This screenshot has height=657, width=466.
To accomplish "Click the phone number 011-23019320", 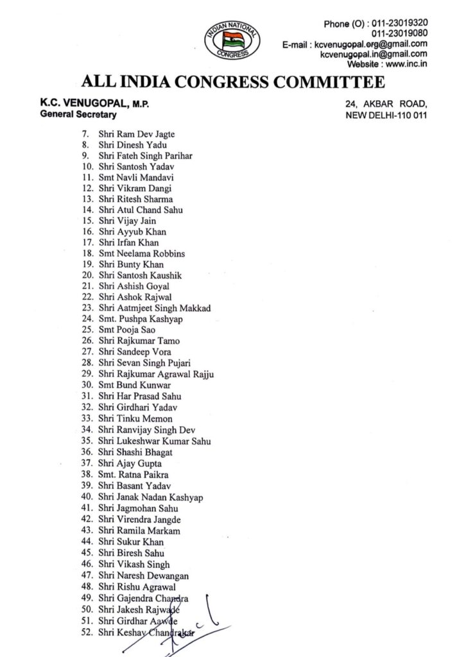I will pyautogui.click(x=400, y=24).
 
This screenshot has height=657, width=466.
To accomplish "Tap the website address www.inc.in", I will pyautogui.click(x=407, y=64).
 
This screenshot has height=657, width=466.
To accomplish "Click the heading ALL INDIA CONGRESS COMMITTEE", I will pyautogui.click(x=233, y=82).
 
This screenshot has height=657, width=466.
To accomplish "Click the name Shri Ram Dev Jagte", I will pyautogui.click(x=137, y=134).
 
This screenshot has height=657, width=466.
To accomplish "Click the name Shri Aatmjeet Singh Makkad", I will pyautogui.click(x=155, y=308).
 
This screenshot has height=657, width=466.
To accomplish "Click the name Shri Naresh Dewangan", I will pyautogui.click(x=144, y=576).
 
